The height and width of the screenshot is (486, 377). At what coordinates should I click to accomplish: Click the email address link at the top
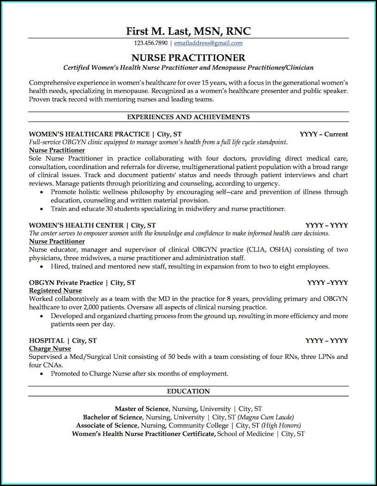tap(208, 43)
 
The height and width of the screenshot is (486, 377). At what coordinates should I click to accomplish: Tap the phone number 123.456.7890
tap(151, 43)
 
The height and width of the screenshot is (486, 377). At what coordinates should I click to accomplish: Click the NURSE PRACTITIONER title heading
tap(188, 58)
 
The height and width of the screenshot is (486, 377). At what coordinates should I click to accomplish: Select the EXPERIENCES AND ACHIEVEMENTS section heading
tap(188, 117)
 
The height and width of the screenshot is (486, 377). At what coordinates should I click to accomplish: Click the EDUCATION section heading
tap(188, 391)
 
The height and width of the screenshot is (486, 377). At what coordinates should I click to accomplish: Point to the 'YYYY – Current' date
tap(324, 134)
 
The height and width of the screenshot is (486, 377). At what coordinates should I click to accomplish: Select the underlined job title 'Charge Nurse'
tap(50, 349)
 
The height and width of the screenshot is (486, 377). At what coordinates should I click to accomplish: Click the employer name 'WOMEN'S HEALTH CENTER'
tap(76, 225)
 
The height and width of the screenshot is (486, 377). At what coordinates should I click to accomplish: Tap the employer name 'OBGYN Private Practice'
tap(65, 282)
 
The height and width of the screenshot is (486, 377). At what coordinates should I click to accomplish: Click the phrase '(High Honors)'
tap(287, 425)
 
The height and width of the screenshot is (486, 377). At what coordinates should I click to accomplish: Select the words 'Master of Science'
tap(142, 408)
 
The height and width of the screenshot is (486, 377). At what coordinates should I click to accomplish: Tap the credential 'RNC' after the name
tap(238, 31)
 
